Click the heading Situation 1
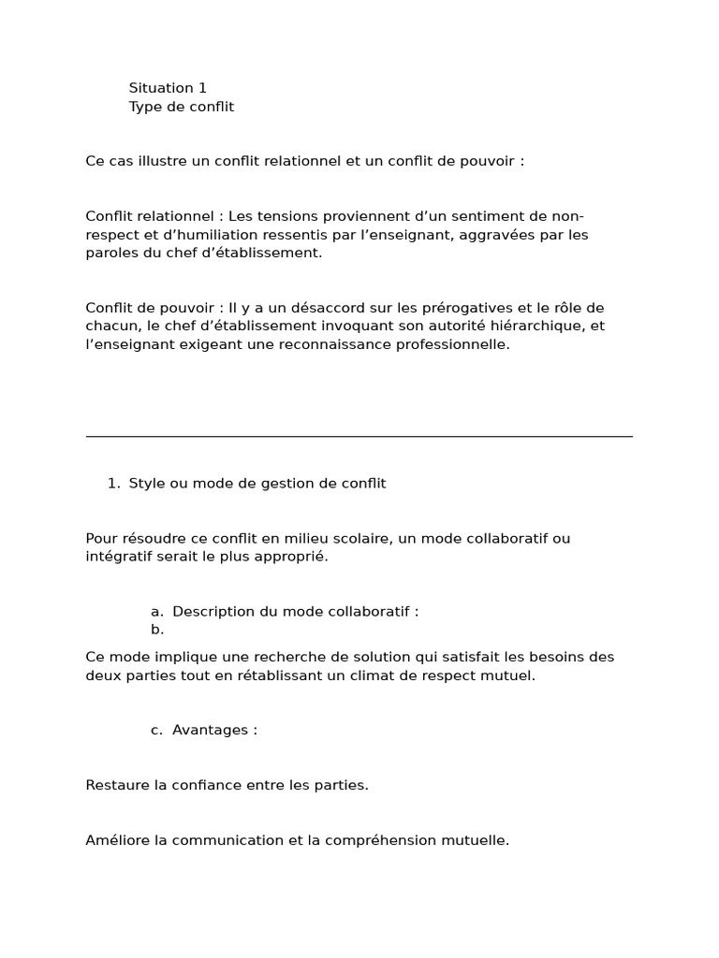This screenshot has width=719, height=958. click(x=168, y=88)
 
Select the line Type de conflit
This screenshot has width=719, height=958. click(x=182, y=107)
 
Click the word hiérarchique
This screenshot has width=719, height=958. click(x=542, y=327)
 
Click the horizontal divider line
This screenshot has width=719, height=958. click(x=359, y=436)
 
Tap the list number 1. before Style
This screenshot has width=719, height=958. click(x=113, y=484)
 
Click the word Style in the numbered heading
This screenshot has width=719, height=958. click(x=146, y=484)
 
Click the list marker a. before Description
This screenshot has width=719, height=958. click(x=157, y=612)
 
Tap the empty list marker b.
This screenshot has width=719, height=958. click(x=157, y=630)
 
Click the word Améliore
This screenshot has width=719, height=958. click(x=118, y=840)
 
